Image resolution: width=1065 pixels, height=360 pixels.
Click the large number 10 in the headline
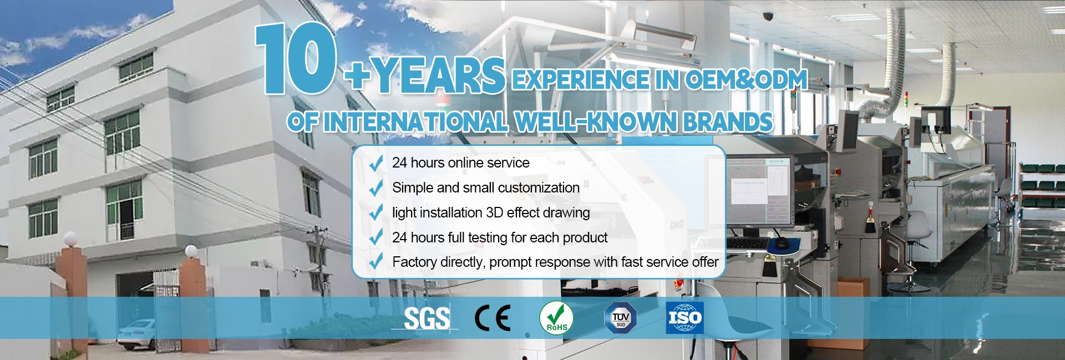(x=296, y=58)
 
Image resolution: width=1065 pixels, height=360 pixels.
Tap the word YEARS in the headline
(x=438, y=75)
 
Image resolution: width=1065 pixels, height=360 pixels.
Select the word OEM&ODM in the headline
(x=746, y=80)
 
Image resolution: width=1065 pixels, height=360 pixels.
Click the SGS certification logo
(x=426, y=318)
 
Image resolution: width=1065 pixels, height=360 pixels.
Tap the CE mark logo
(x=493, y=318)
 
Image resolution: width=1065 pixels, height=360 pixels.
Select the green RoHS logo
(x=556, y=318)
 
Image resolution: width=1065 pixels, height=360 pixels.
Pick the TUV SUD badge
(x=620, y=318)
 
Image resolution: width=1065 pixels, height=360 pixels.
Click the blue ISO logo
(x=685, y=318)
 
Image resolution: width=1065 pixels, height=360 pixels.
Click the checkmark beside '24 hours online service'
(x=376, y=163)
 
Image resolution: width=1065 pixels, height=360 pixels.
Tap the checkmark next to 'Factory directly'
(x=376, y=261)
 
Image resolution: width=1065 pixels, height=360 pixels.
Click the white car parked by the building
(x=136, y=334)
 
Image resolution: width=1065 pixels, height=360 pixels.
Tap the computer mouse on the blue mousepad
(x=781, y=244)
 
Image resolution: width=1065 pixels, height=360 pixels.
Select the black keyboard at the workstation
(x=747, y=243)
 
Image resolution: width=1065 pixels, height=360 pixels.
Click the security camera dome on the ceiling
(x=768, y=16)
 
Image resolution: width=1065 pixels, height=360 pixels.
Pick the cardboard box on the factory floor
(x=854, y=290)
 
